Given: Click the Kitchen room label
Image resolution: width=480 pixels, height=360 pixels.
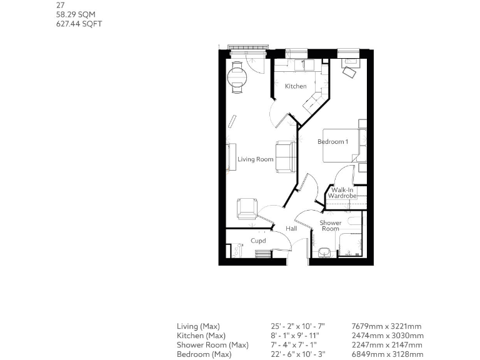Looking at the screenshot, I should (x=296, y=86).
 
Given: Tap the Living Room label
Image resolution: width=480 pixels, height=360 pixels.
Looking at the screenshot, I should (x=256, y=159).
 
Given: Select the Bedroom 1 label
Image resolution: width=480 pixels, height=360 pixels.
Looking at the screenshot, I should (x=332, y=142).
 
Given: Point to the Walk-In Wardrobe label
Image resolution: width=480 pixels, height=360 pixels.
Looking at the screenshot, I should (x=343, y=193).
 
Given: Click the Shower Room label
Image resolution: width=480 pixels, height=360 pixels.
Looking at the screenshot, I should (x=331, y=226).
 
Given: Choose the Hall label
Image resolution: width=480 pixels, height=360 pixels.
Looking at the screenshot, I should (x=291, y=229).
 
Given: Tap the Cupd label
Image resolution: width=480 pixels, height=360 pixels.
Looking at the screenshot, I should (x=258, y=241).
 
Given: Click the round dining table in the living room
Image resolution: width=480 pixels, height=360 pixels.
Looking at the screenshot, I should (x=237, y=77).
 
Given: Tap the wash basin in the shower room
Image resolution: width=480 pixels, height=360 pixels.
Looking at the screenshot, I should (x=324, y=252).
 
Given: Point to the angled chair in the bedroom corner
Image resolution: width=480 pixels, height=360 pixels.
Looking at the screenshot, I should (x=349, y=72).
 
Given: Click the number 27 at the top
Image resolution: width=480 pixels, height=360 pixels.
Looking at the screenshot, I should (x=61, y=4).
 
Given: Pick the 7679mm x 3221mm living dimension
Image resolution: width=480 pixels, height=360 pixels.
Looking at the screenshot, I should (x=387, y=326).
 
